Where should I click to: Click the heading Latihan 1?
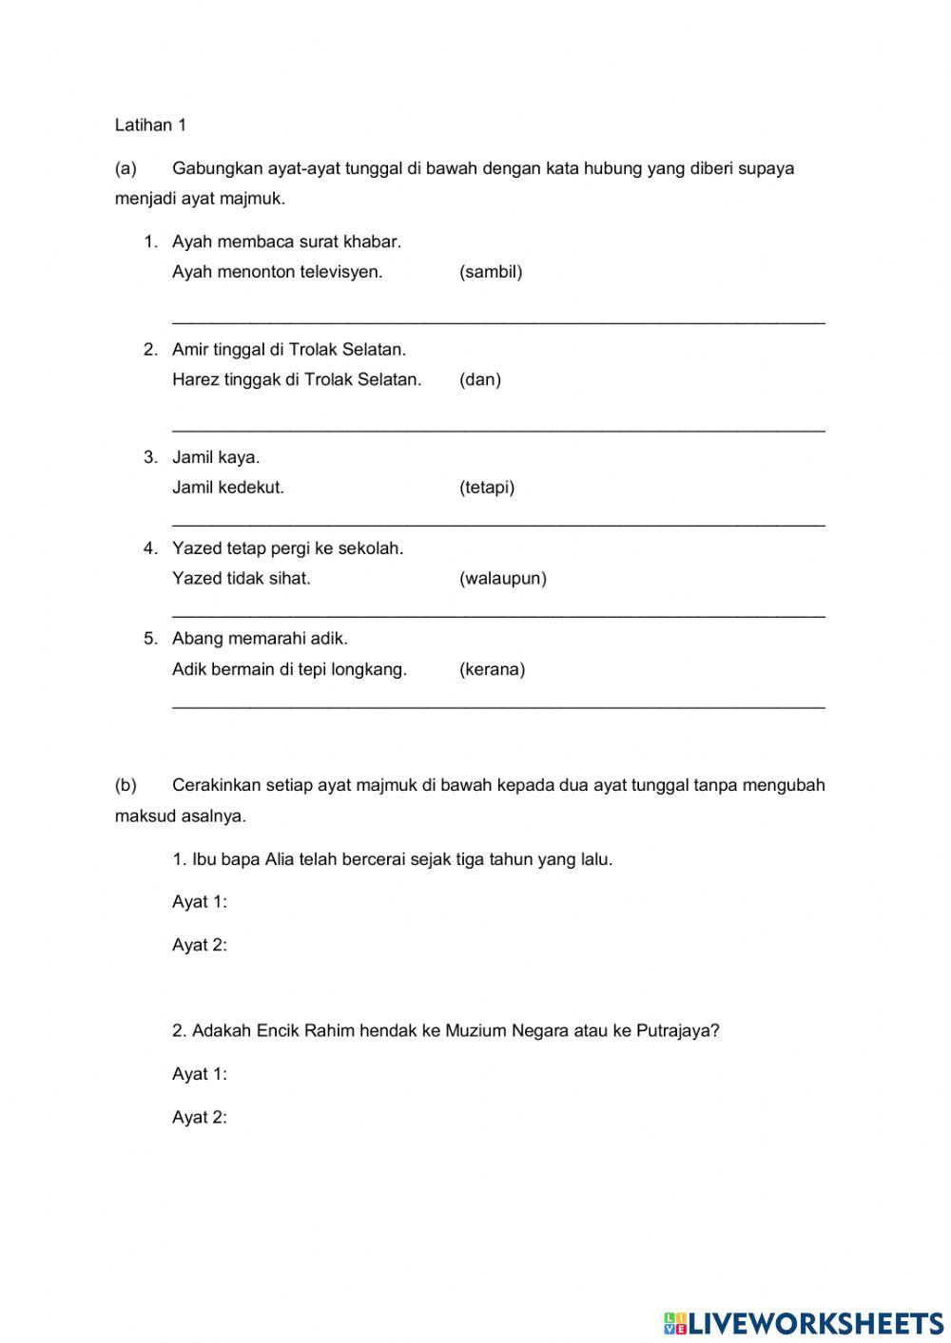[x=150, y=125]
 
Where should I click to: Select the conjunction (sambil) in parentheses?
[x=491, y=272]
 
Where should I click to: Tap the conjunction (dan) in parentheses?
[x=480, y=379]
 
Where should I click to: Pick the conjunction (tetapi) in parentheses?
[x=487, y=488]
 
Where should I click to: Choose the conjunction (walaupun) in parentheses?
[x=503, y=578]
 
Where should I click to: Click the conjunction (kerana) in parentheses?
[x=492, y=669]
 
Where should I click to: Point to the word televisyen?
[x=341, y=272]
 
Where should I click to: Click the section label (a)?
[x=126, y=168]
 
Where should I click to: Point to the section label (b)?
[x=126, y=785]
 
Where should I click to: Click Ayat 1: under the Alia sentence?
[x=200, y=902]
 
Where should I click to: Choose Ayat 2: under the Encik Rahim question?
[x=200, y=1118]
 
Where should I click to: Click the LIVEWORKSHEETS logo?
[x=804, y=1322]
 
